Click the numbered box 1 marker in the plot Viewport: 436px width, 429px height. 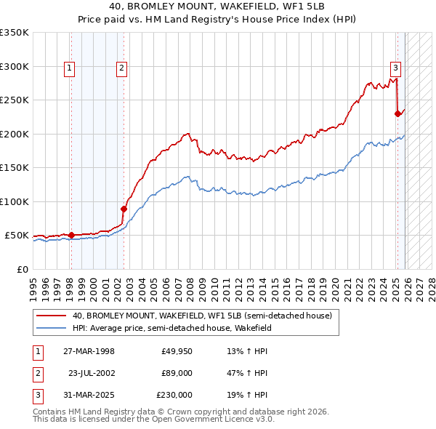[69, 68]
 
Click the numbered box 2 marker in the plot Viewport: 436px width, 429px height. [121, 68]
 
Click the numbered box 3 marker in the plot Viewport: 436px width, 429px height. [395, 68]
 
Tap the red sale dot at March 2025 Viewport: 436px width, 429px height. [397, 113]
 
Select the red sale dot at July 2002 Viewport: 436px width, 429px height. [124, 209]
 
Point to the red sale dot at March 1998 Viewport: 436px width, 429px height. [71, 235]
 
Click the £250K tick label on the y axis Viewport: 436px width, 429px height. [15, 100]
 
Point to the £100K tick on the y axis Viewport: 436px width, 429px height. [15, 201]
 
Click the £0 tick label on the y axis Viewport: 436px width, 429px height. [22, 269]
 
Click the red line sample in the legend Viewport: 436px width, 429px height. [51, 316]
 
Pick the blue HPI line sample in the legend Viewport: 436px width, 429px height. [51, 328]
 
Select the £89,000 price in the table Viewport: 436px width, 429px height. [177, 373]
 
